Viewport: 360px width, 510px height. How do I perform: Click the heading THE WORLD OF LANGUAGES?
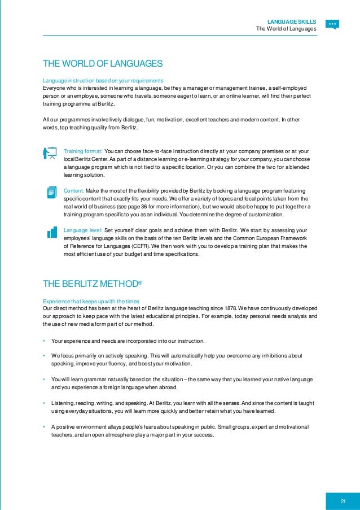pyautogui.click(x=103, y=63)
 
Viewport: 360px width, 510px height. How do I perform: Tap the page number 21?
pyautogui.click(x=343, y=487)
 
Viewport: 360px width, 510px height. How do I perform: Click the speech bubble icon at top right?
pyautogui.click(x=332, y=24)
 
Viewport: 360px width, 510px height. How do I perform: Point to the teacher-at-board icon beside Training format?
pyautogui.click(x=51, y=154)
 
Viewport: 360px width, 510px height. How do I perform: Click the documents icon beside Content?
pyautogui.click(x=51, y=192)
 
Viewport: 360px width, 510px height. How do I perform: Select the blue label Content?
pyautogui.click(x=75, y=191)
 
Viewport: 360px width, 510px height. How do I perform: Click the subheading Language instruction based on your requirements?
pyautogui.click(x=103, y=80)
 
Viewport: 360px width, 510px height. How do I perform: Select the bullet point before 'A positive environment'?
pyautogui.click(x=43, y=426)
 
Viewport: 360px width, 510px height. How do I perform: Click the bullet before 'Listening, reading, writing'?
pyautogui.click(x=43, y=403)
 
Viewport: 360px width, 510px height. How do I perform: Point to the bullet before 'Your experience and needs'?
pyautogui.click(x=43, y=341)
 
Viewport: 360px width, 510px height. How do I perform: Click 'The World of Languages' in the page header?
pyautogui.click(x=286, y=29)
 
